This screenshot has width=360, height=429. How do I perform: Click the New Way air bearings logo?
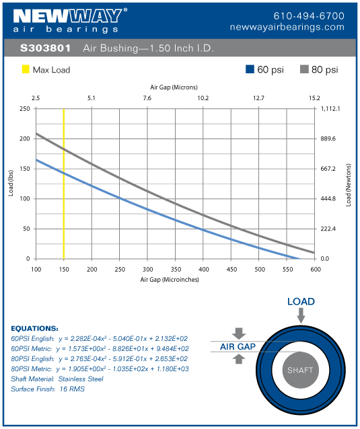click(67, 20)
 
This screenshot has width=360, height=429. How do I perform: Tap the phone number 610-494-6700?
click(309, 15)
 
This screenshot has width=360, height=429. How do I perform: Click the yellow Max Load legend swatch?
click(26, 69)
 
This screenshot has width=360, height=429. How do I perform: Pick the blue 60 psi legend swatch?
click(250, 69)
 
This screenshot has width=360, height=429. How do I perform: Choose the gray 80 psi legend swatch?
click(304, 69)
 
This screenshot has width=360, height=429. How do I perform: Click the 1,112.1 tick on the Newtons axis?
click(332, 108)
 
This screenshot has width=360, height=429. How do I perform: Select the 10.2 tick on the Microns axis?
click(203, 98)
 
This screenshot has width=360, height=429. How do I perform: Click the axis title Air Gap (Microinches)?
click(169, 278)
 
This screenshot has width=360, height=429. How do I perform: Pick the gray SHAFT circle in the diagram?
click(300, 370)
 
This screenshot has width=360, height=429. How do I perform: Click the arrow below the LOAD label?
click(300, 313)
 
